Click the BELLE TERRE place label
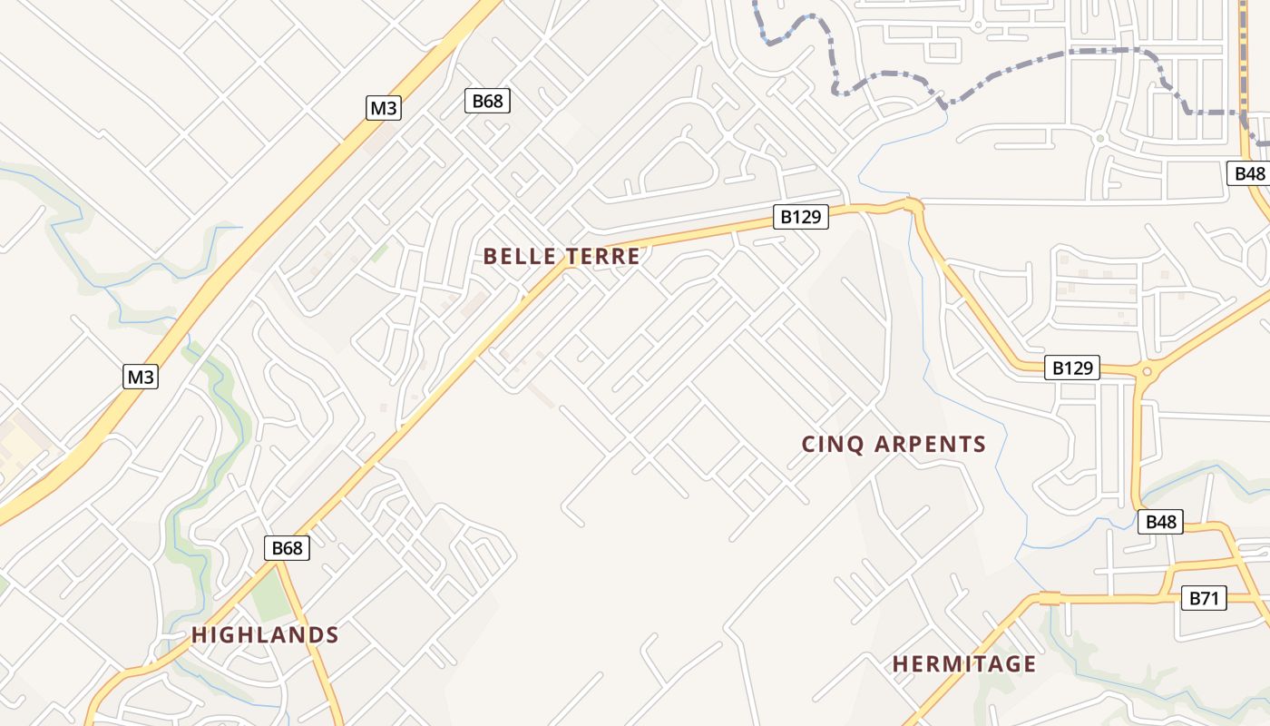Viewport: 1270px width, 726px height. pyautogui.click(x=562, y=257)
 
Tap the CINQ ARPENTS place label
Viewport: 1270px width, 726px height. pyautogui.click(x=894, y=445)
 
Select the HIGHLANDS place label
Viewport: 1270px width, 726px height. pyautogui.click(x=265, y=635)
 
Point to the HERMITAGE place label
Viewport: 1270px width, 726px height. pyautogui.click(x=963, y=664)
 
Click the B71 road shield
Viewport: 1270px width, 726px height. pyautogui.click(x=1203, y=598)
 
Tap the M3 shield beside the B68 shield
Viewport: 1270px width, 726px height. pyautogui.click(x=383, y=108)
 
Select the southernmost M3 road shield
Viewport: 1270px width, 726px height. pyautogui.click(x=141, y=377)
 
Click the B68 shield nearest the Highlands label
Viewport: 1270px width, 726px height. pyautogui.click(x=287, y=548)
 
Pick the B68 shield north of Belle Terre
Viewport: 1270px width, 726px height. pyautogui.click(x=487, y=101)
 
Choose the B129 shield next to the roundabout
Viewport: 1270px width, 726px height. pyautogui.click(x=1074, y=368)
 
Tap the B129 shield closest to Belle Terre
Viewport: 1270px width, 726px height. pyautogui.click(x=800, y=217)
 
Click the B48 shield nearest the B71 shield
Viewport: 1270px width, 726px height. pyautogui.click(x=1160, y=522)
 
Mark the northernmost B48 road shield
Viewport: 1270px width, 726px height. pyautogui.click(x=1249, y=173)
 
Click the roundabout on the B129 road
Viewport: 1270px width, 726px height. pyautogui.click(x=1148, y=370)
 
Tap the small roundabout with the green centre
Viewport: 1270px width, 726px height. pyautogui.click(x=1099, y=138)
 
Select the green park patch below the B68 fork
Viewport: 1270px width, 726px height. pyautogui.click(x=269, y=599)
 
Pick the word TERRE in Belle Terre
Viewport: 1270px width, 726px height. pyautogui.click(x=602, y=257)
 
